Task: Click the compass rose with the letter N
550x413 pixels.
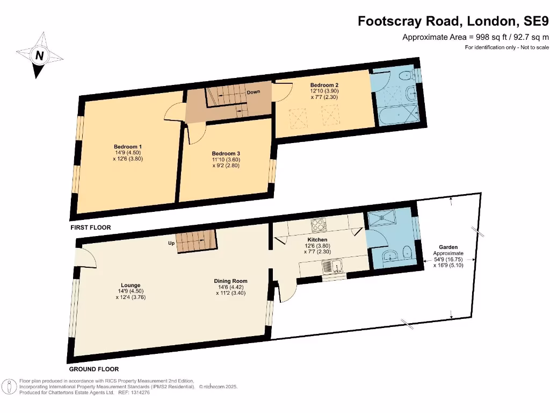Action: pos(39,55)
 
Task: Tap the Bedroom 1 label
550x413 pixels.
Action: pos(128,147)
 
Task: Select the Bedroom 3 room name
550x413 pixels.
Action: pos(226,154)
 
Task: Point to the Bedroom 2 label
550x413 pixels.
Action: pos(324,86)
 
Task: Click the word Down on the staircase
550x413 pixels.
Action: pos(254,92)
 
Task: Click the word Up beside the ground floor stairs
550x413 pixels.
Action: pos(172,243)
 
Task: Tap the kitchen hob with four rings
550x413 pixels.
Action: pos(318,224)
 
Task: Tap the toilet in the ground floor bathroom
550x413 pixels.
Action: pos(408,250)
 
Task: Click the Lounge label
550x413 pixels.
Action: pos(131,286)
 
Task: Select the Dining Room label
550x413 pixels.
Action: pos(230,281)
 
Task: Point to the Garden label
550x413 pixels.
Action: pos(448,247)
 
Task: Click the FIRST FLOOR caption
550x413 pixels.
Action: pos(90,228)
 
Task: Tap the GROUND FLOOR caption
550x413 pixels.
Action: pos(94,369)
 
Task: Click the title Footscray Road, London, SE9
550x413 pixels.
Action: pos(454,22)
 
